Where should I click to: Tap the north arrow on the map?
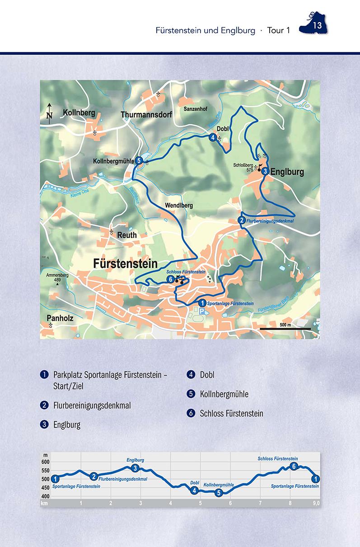click(x=49, y=112)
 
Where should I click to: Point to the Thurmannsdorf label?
click(x=147, y=115)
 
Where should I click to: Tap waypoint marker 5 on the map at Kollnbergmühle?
click(x=139, y=160)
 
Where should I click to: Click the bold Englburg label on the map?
click(x=287, y=172)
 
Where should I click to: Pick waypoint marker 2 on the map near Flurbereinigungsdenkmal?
click(x=242, y=220)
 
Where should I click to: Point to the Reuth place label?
click(x=126, y=235)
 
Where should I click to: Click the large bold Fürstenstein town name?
click(x=125, y=263)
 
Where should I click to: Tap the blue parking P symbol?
click(x=201, y=312)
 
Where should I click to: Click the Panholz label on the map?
click(x=60, y=318)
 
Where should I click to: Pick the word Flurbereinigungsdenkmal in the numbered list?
click(x=92, y=406)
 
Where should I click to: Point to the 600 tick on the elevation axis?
click(x=45, y=462)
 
